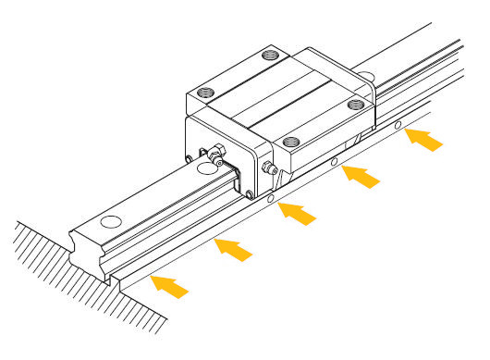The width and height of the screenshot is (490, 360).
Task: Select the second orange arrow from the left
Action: pyautogui.click(x=233, y=249)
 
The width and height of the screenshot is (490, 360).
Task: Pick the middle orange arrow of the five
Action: pyautogui.click(x=299, y=212)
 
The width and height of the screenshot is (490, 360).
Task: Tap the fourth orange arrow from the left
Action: pyautogui.click(x=361, y=174)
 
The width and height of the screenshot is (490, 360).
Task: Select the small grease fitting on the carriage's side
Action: pyautogui.click(x=270, y=169)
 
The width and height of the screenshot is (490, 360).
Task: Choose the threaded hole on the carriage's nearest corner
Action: pyautogui.click(x=292, y=142)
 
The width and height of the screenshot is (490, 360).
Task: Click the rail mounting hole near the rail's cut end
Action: pyautogui.click(x=110, y=222)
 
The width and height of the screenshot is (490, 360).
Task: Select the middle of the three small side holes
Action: pyautogui.click(x=334, y=163)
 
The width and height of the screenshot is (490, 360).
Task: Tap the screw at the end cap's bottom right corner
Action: pyautogui.click(x=249, y=192)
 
